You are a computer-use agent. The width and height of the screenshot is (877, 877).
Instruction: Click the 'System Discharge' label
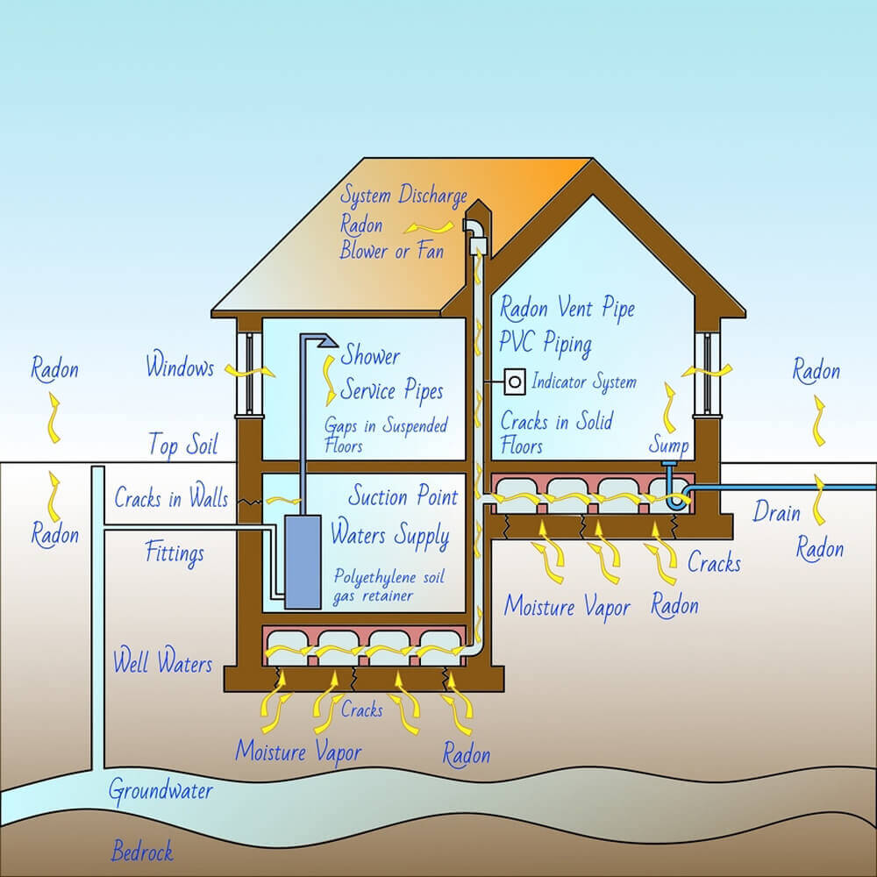(403, 196)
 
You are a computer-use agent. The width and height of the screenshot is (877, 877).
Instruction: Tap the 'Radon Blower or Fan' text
(390, 239)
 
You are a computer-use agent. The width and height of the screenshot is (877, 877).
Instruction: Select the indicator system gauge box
(515, 381)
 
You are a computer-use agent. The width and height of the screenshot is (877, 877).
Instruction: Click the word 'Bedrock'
(142, 851)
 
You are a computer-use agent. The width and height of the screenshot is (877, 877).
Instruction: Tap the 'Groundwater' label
(160, 791)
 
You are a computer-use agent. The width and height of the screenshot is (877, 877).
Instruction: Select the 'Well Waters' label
(162, 662)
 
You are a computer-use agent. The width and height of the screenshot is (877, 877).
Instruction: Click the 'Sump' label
(668, 446)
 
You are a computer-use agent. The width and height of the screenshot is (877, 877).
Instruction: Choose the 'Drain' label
(776, 511)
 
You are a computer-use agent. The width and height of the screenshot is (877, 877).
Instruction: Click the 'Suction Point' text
(403, 497)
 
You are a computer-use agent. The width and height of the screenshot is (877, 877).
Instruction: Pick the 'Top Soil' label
(182, 445)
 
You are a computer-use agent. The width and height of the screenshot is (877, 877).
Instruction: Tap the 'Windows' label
(180, 367)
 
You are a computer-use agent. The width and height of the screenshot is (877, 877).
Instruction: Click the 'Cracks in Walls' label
(171, 499)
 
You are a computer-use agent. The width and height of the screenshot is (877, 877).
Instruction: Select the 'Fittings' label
(175, 553)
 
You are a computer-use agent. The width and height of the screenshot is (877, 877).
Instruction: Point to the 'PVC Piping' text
(545, 344)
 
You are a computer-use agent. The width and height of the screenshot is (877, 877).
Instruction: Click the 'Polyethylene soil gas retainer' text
(386, 586)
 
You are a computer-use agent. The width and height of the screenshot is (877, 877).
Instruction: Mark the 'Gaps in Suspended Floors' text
(386, 435)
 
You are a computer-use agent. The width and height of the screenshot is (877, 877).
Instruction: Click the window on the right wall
(706, 374)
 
